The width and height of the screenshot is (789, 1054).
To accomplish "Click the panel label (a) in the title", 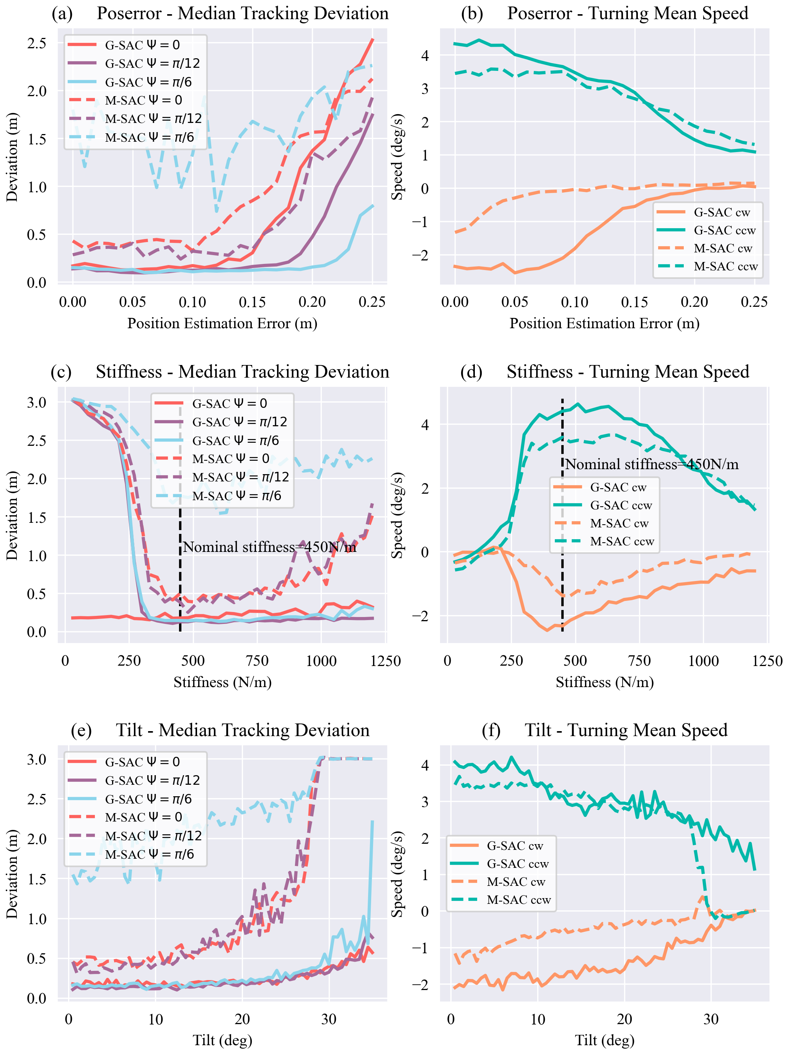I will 62,13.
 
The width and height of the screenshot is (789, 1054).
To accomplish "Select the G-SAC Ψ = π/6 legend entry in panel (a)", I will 148,82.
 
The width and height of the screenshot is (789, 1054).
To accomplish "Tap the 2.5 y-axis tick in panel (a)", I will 37,43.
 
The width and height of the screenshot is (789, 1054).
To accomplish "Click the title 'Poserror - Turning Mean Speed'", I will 627,13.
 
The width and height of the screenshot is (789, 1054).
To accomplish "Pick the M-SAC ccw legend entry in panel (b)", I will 725,266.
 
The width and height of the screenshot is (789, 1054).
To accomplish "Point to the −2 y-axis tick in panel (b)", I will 419,255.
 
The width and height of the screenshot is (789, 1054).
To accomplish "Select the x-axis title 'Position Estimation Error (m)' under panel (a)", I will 222,324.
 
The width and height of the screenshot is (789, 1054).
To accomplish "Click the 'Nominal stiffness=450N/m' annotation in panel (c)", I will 269,547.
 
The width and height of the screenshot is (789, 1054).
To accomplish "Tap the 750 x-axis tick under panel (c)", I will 257,661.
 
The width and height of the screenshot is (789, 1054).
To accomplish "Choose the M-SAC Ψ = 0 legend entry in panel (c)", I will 230,458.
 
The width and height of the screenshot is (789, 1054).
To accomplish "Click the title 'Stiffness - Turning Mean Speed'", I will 627,372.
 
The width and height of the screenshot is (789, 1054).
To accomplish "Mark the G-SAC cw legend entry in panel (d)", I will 618,487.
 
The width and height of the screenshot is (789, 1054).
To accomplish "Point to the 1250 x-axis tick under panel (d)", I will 767,661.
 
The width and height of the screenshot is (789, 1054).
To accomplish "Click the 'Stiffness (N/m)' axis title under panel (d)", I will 604,682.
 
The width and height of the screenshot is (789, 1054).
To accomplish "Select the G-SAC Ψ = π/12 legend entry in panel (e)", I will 152,780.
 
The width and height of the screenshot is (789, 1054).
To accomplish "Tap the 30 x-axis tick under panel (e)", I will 329,1019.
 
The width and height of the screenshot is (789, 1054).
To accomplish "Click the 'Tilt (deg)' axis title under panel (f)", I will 604,1040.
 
